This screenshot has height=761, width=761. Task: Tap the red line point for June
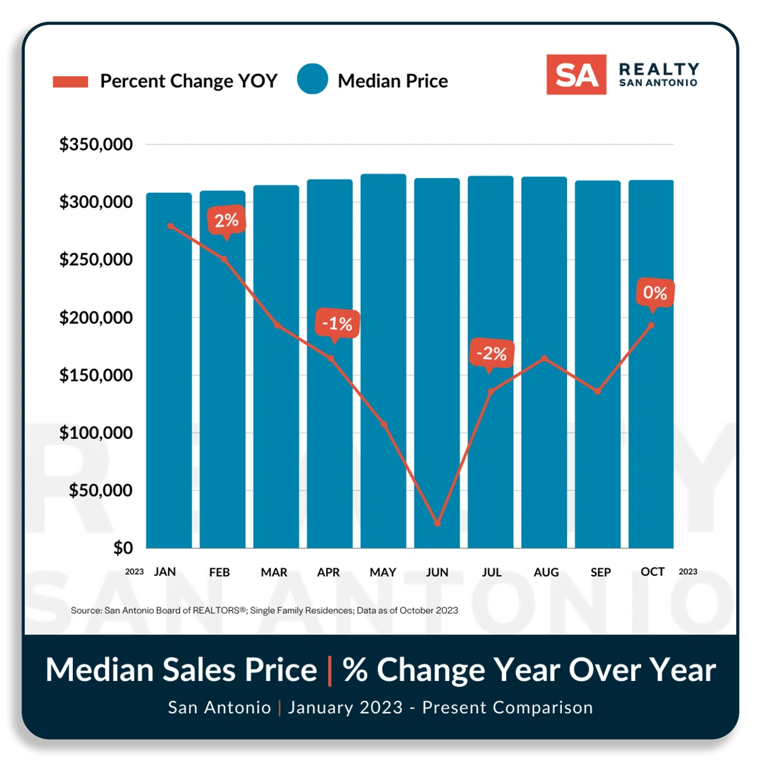438,523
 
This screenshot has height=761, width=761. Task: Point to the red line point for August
544,358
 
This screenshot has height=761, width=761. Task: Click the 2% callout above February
226,221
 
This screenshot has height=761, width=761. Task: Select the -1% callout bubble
337,324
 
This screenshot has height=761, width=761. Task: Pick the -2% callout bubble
491,353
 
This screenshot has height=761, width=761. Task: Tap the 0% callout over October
654,292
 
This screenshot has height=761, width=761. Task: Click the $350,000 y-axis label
96,145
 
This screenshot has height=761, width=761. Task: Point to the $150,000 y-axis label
96,375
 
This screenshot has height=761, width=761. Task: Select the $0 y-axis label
123,548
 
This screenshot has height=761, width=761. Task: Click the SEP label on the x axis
601,572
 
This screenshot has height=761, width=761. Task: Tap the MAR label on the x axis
274,572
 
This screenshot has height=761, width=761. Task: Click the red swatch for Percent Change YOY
70,82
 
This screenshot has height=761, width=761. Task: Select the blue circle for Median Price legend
313,79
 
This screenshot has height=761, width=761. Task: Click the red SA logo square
576,75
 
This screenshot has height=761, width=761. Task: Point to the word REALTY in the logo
659,68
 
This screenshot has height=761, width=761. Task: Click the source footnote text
264,610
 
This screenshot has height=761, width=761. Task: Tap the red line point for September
597,391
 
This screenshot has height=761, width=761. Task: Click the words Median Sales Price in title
181,670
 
